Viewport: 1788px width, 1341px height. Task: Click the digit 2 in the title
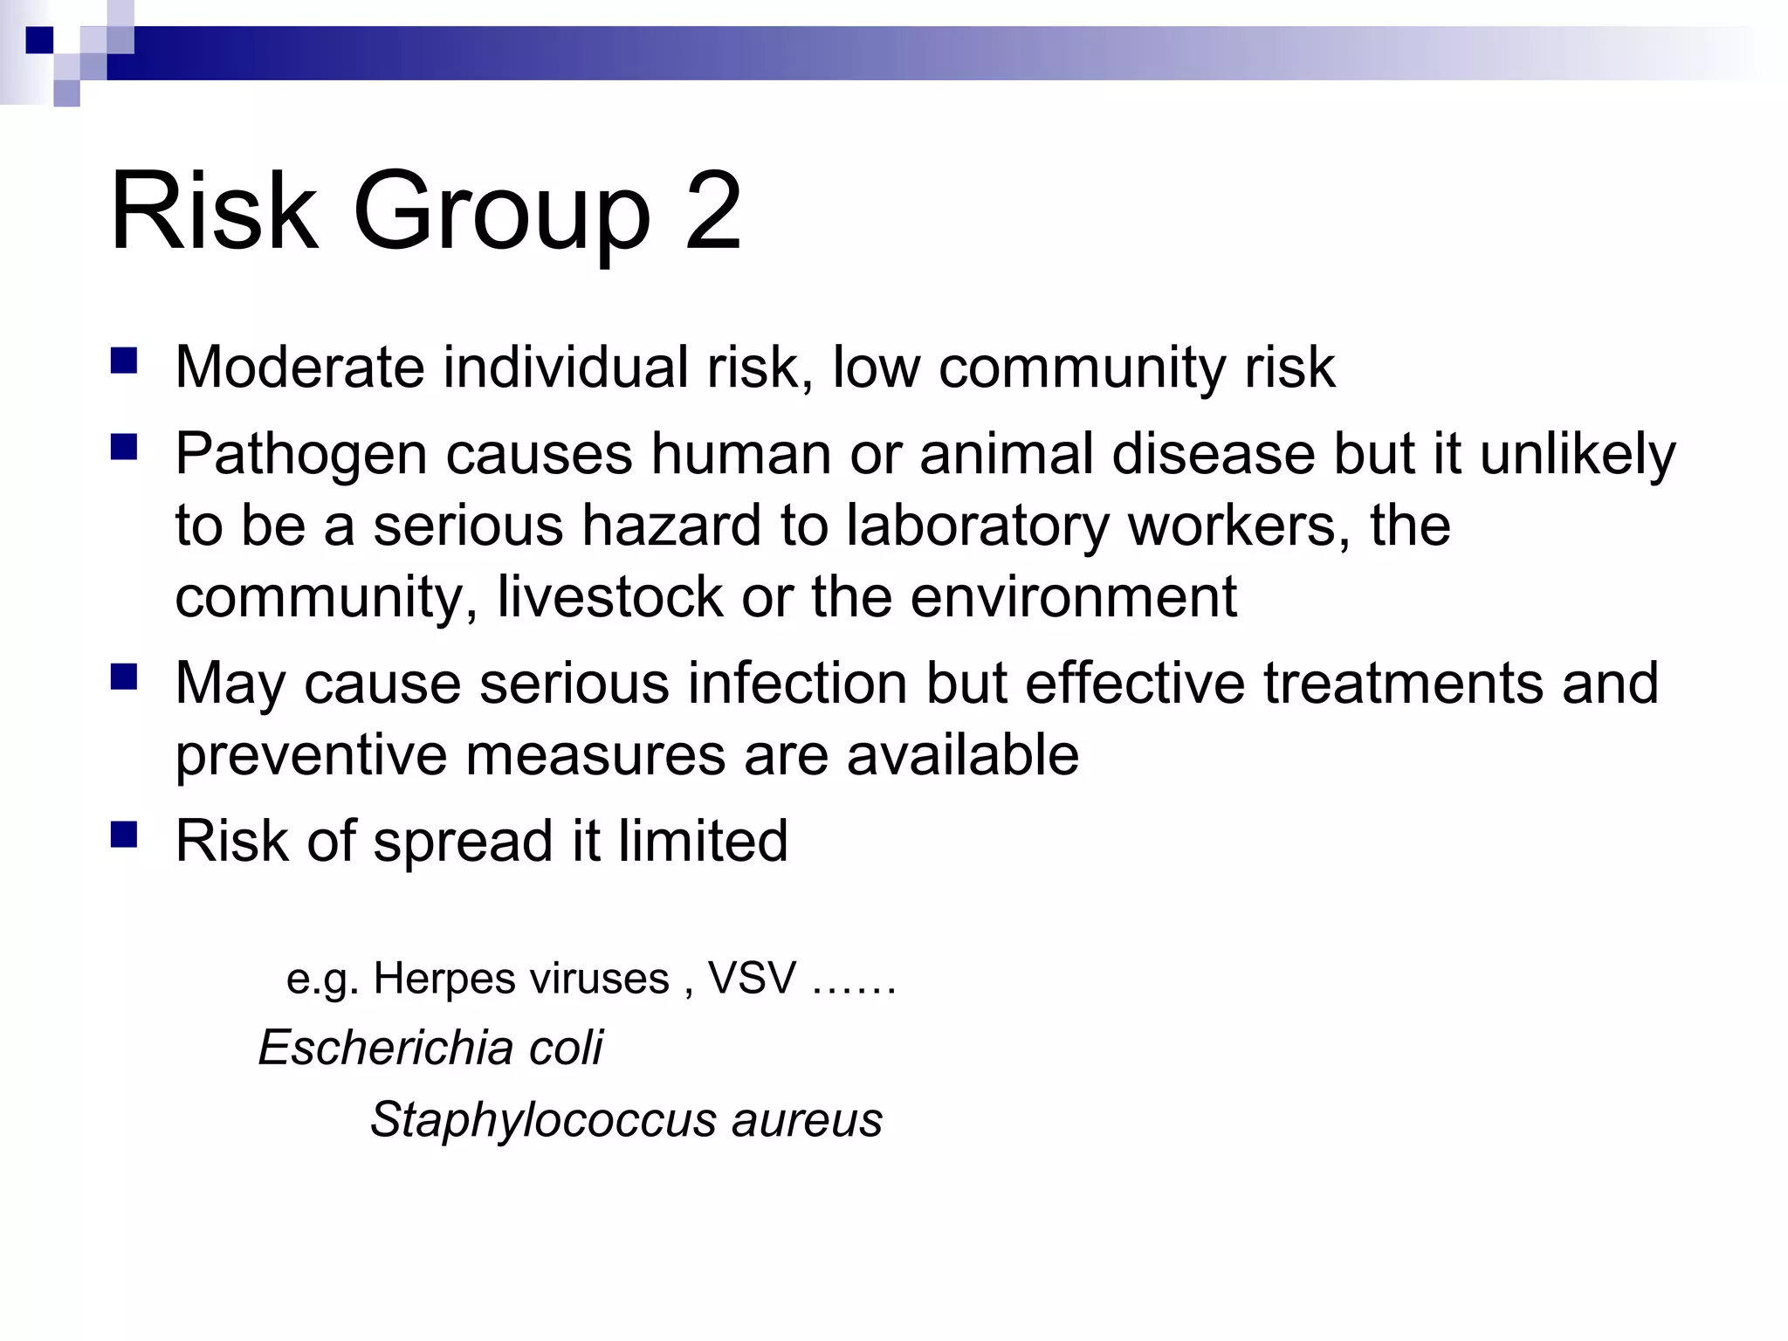click(713, 212)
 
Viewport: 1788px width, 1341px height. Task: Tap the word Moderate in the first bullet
click(299, 367)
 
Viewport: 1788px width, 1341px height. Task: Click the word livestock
click(609, 597)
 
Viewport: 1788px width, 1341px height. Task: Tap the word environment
click(1073, 597)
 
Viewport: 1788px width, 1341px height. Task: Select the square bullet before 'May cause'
click(125, 677)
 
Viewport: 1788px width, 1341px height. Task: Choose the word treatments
click(1403, 683)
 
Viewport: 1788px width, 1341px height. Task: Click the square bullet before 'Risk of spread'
click(125, 836)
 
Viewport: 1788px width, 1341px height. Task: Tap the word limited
click(703, 841)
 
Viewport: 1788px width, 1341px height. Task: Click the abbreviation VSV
click(752, 978)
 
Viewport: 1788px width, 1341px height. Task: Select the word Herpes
click(434, 979)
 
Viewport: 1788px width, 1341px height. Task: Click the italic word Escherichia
click(383, 1047)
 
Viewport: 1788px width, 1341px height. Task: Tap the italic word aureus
click(807, 1120)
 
